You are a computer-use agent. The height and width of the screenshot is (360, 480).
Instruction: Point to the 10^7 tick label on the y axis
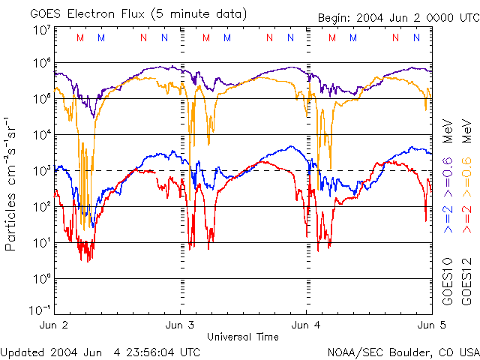41,30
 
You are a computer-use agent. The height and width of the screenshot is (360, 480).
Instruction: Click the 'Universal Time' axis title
242,337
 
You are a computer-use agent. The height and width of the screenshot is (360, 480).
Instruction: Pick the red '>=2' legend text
466,217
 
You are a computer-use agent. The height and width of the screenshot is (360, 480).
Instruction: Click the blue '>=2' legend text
448,217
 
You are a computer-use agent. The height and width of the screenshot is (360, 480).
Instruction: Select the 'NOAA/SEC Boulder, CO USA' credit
403,352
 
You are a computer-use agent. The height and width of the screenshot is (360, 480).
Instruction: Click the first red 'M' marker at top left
80,37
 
